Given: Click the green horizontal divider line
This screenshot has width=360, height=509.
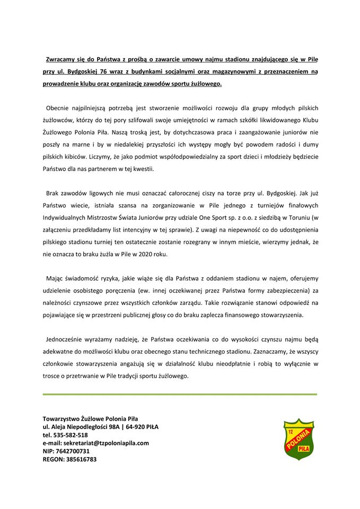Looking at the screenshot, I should (180, 394).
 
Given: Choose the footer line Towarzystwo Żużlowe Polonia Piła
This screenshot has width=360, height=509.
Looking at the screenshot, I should (90, 418).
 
